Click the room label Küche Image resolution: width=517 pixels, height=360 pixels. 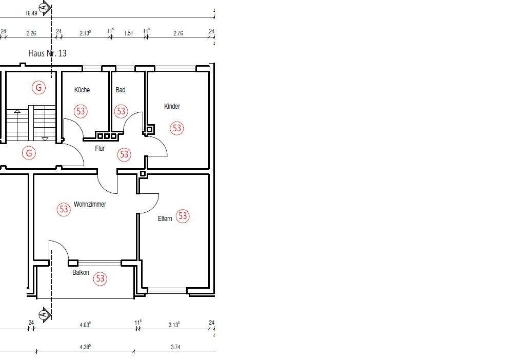82,90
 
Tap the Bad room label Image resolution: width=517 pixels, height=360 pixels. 121,90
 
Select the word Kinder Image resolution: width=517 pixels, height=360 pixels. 172,106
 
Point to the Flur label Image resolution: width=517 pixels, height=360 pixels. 100,148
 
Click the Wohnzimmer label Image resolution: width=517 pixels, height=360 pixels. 90,205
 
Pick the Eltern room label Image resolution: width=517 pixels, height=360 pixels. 165,218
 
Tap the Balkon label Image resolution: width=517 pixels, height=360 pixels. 81,272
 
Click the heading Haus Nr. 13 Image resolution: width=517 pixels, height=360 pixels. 48,53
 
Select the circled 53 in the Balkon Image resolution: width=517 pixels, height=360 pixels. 100,278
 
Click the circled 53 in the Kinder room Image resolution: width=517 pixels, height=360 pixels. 177,128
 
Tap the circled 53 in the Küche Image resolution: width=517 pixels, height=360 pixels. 81,111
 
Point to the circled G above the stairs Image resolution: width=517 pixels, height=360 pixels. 38,88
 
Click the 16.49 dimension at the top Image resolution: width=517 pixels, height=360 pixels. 31,13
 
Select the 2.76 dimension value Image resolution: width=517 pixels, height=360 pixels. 178,33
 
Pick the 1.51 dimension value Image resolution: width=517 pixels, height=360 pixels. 129,33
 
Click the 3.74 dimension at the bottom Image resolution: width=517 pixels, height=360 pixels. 176,347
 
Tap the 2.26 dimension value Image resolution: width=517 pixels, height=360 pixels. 31,33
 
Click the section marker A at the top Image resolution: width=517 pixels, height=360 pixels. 45,7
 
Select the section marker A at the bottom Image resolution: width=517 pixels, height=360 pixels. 45,314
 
